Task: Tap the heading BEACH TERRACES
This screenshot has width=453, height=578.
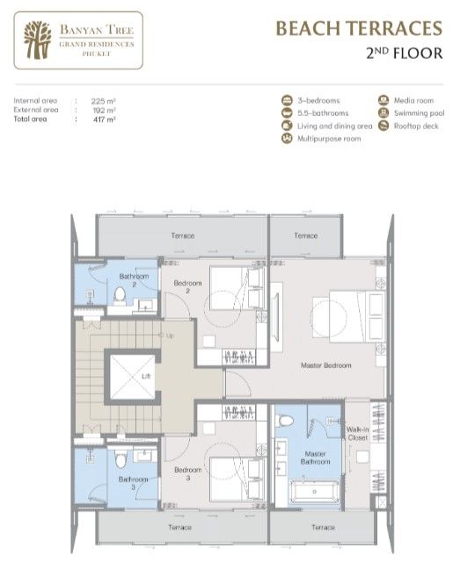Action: [x=358, y=29]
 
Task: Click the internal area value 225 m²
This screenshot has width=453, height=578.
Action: [x=104, y=101]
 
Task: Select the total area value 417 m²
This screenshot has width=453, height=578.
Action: [x=104, y=118]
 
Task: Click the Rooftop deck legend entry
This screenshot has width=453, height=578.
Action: [x=413, y=126]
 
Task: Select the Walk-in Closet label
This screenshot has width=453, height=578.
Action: [x=357, y=433]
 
